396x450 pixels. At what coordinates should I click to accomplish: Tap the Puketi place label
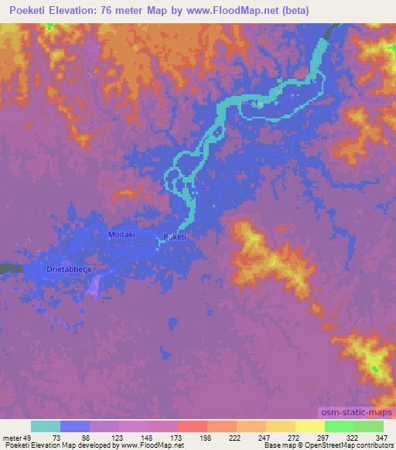pos(175,237)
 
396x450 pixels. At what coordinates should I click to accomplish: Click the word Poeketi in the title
pos(29,10)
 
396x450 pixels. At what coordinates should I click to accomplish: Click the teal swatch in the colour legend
pos(46,426)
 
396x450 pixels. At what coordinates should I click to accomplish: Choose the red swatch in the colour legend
pos(193,426)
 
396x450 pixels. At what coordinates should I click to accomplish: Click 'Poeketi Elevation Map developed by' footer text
pos(59,445)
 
